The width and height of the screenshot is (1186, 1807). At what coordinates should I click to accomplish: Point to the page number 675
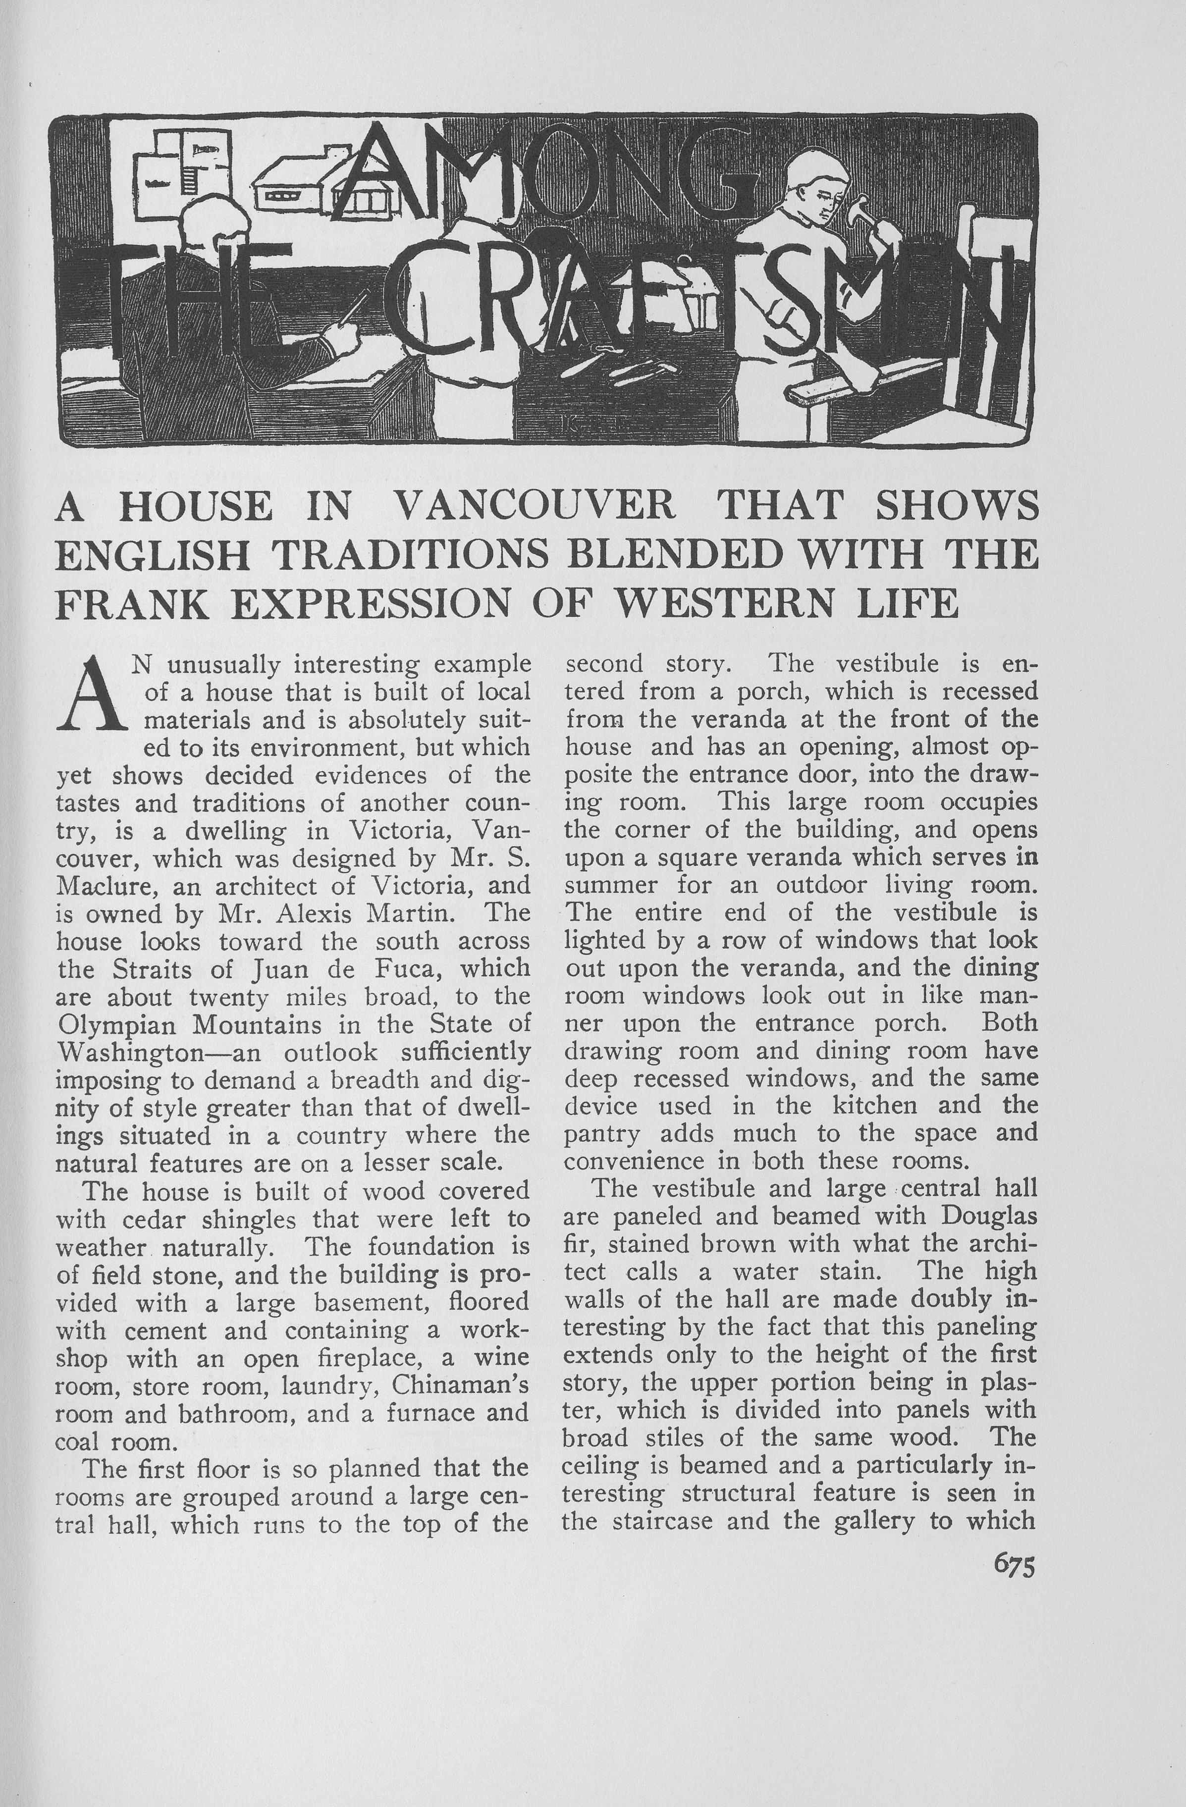tap(1014, 1566)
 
